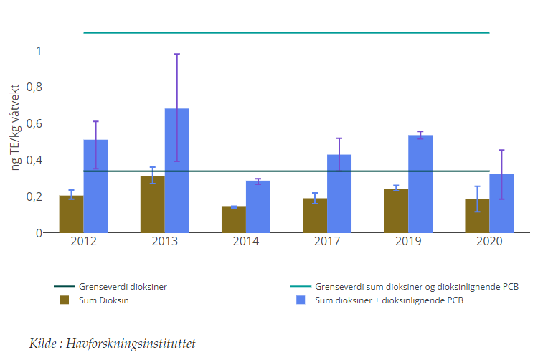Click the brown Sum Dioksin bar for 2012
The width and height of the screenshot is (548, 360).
[71, 214]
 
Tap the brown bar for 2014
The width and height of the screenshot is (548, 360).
[233, 219]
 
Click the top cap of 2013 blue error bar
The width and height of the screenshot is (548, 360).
[176, 54]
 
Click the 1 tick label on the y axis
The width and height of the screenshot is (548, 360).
[39, 51]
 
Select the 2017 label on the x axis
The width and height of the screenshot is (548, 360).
[327, 242]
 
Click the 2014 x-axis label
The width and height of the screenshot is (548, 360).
[246, 242]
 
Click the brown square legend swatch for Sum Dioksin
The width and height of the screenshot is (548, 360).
[64, 300]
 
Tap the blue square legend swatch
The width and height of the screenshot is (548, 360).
[302, 300]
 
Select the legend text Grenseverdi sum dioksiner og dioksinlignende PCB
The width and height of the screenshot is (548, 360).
[416, 286]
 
